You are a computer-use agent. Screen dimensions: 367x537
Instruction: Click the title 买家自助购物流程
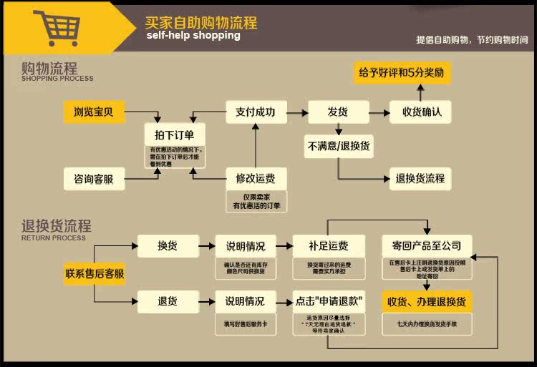[200, 22]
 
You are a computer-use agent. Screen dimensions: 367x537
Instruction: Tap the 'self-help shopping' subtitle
[193, 36]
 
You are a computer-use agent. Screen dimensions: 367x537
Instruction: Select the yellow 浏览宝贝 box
[98, 112]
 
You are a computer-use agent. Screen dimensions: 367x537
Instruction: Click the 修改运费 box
[256, 178]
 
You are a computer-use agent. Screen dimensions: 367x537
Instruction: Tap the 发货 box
[337, 112]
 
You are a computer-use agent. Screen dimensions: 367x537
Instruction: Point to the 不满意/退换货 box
[338, 146]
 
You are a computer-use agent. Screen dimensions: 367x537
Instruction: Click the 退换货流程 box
[420, 178]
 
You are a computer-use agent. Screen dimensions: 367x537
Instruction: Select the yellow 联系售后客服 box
[95, 273]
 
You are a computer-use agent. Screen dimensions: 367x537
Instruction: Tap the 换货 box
[168, 246]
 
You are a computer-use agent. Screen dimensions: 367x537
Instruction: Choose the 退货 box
[168, 301]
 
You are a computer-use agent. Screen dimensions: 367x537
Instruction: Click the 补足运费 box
[328, 246]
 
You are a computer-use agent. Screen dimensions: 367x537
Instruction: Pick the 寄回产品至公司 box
[427, 246]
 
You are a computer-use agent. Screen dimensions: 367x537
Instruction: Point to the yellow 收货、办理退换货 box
[427, 301]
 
